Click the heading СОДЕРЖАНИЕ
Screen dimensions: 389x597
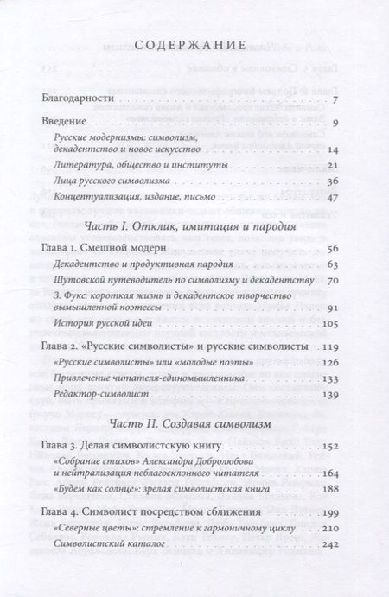click(194, 44)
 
